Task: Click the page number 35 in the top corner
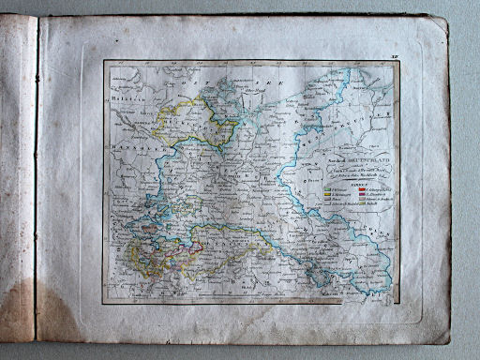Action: (x=393, y=56)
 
